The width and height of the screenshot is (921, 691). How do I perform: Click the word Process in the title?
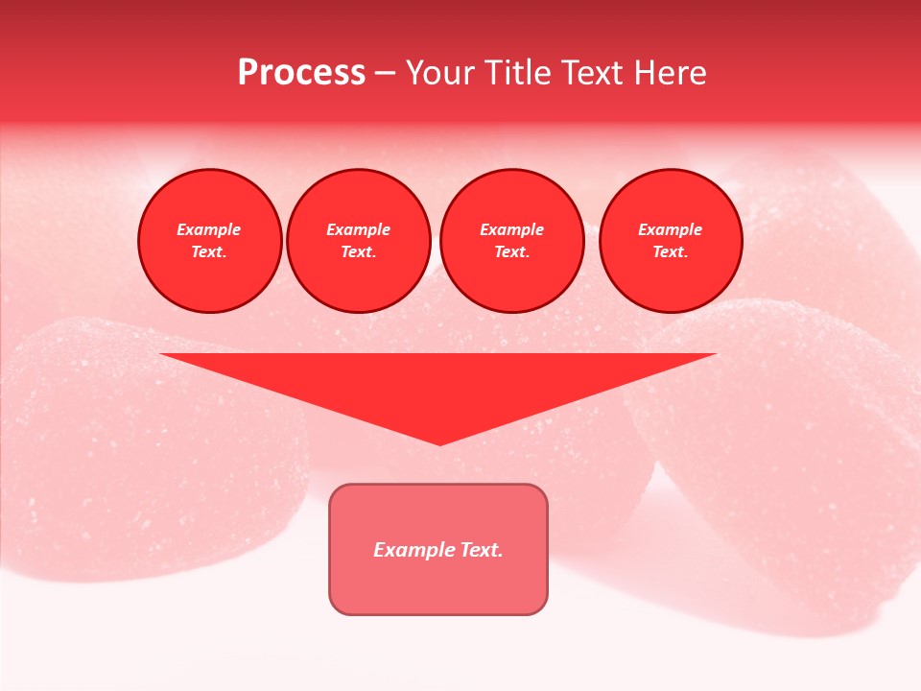(x=301, y=73)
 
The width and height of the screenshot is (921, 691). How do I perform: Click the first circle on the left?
(x=209, y=241)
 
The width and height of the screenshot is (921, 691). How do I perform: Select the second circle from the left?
(x=359, y=241)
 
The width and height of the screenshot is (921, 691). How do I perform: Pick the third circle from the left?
(x=511, y=241)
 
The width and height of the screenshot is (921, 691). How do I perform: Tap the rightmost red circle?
(x=671, y=241)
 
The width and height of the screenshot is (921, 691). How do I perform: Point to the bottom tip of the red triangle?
(x=439, y=442)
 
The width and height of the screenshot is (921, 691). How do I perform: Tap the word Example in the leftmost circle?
(x=209, y=230)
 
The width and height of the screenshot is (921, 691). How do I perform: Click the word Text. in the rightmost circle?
(x=671, y=252)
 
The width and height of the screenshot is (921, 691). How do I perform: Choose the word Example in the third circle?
(x=511, y=230)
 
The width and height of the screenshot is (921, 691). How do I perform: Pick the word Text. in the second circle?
(x=359, y=252)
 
